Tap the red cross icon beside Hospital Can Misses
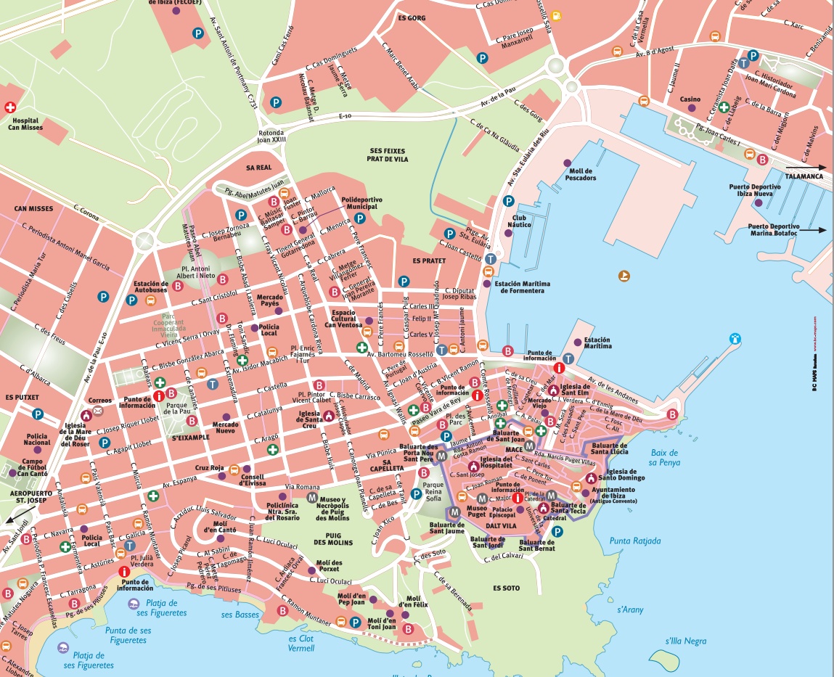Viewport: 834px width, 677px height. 9,107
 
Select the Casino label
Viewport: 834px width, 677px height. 690,99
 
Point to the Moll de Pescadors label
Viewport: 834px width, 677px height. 581,173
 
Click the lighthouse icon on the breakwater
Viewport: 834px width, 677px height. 735,338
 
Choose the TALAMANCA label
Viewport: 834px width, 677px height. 804,176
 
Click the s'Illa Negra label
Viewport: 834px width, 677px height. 685,641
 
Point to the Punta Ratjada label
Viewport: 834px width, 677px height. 635,541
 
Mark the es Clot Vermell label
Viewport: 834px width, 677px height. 303,644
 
